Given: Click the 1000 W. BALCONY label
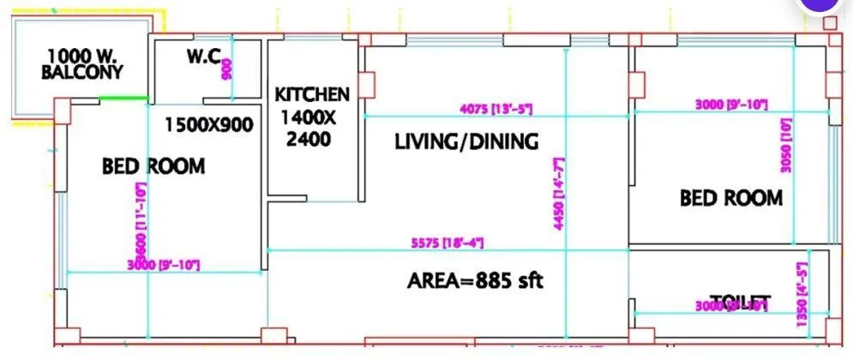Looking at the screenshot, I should coord(81,64).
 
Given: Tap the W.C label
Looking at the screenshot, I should coord(203,58).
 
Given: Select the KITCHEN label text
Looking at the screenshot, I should coord(311,94).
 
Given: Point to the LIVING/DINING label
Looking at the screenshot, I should coord(466,141).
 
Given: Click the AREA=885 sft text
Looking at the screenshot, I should coord(475,280).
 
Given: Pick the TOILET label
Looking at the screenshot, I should coord(739,301).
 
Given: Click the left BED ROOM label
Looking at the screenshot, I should coord(153,166).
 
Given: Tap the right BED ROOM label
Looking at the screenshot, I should coord(731,199).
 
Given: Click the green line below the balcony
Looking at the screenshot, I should coord(123,99).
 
